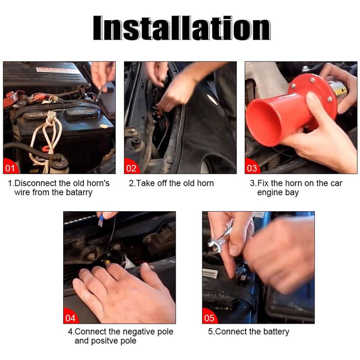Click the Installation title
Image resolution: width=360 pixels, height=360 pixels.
pyautogui.click(x=182, y=28)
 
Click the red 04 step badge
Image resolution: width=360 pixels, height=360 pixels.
pyautogui.click(x=71, y=316)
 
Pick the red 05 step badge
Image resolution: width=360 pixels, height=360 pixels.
pyautogui.click(x=209, y=316)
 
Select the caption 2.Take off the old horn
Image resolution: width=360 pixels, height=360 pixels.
pyautogui.click(x=171, y=183)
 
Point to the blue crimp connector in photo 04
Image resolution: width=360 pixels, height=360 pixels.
pyautogui.click(x=100, y=221)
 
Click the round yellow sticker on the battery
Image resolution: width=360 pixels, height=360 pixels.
pyautogui.click(x=105, y=126)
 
